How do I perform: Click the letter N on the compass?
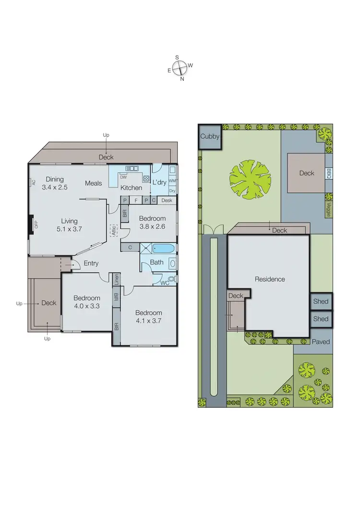pos(182,80)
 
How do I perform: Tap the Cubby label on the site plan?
pos(210,137)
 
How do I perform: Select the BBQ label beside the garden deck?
pos(329,173)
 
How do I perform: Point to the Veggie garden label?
pos(328,209)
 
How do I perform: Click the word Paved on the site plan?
pos(320,342)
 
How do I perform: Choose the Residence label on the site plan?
pos(270,279)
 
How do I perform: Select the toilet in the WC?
pos(172,279)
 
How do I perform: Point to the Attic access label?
pos(114,231)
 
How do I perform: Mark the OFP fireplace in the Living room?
pos(34,225)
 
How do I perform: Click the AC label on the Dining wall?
pos(34,182)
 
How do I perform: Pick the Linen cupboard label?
pos(116,279)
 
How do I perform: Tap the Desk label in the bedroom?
pos(167,201)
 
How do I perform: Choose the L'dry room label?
pos(159,183)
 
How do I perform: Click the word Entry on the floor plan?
pos(91,263)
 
